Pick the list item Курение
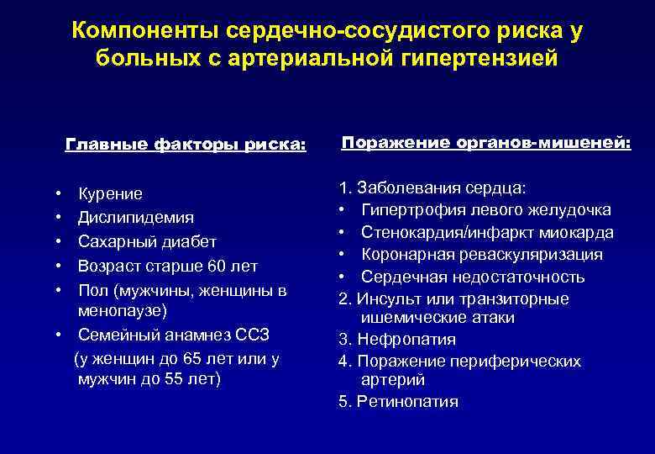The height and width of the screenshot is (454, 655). (110, 193)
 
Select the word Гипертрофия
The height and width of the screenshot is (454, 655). (410, 209)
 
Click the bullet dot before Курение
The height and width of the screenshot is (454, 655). (55, 194)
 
